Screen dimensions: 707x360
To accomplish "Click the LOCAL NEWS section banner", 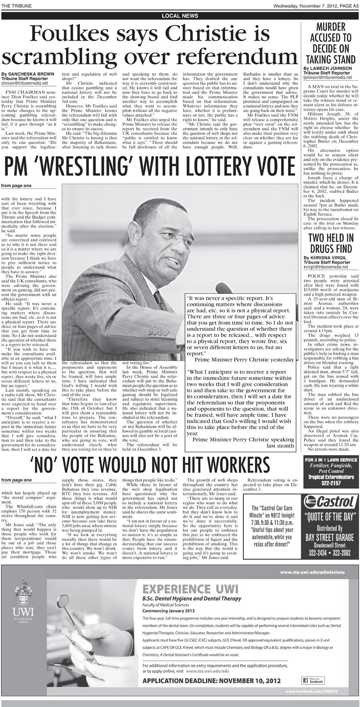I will click(x=180, y=16).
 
